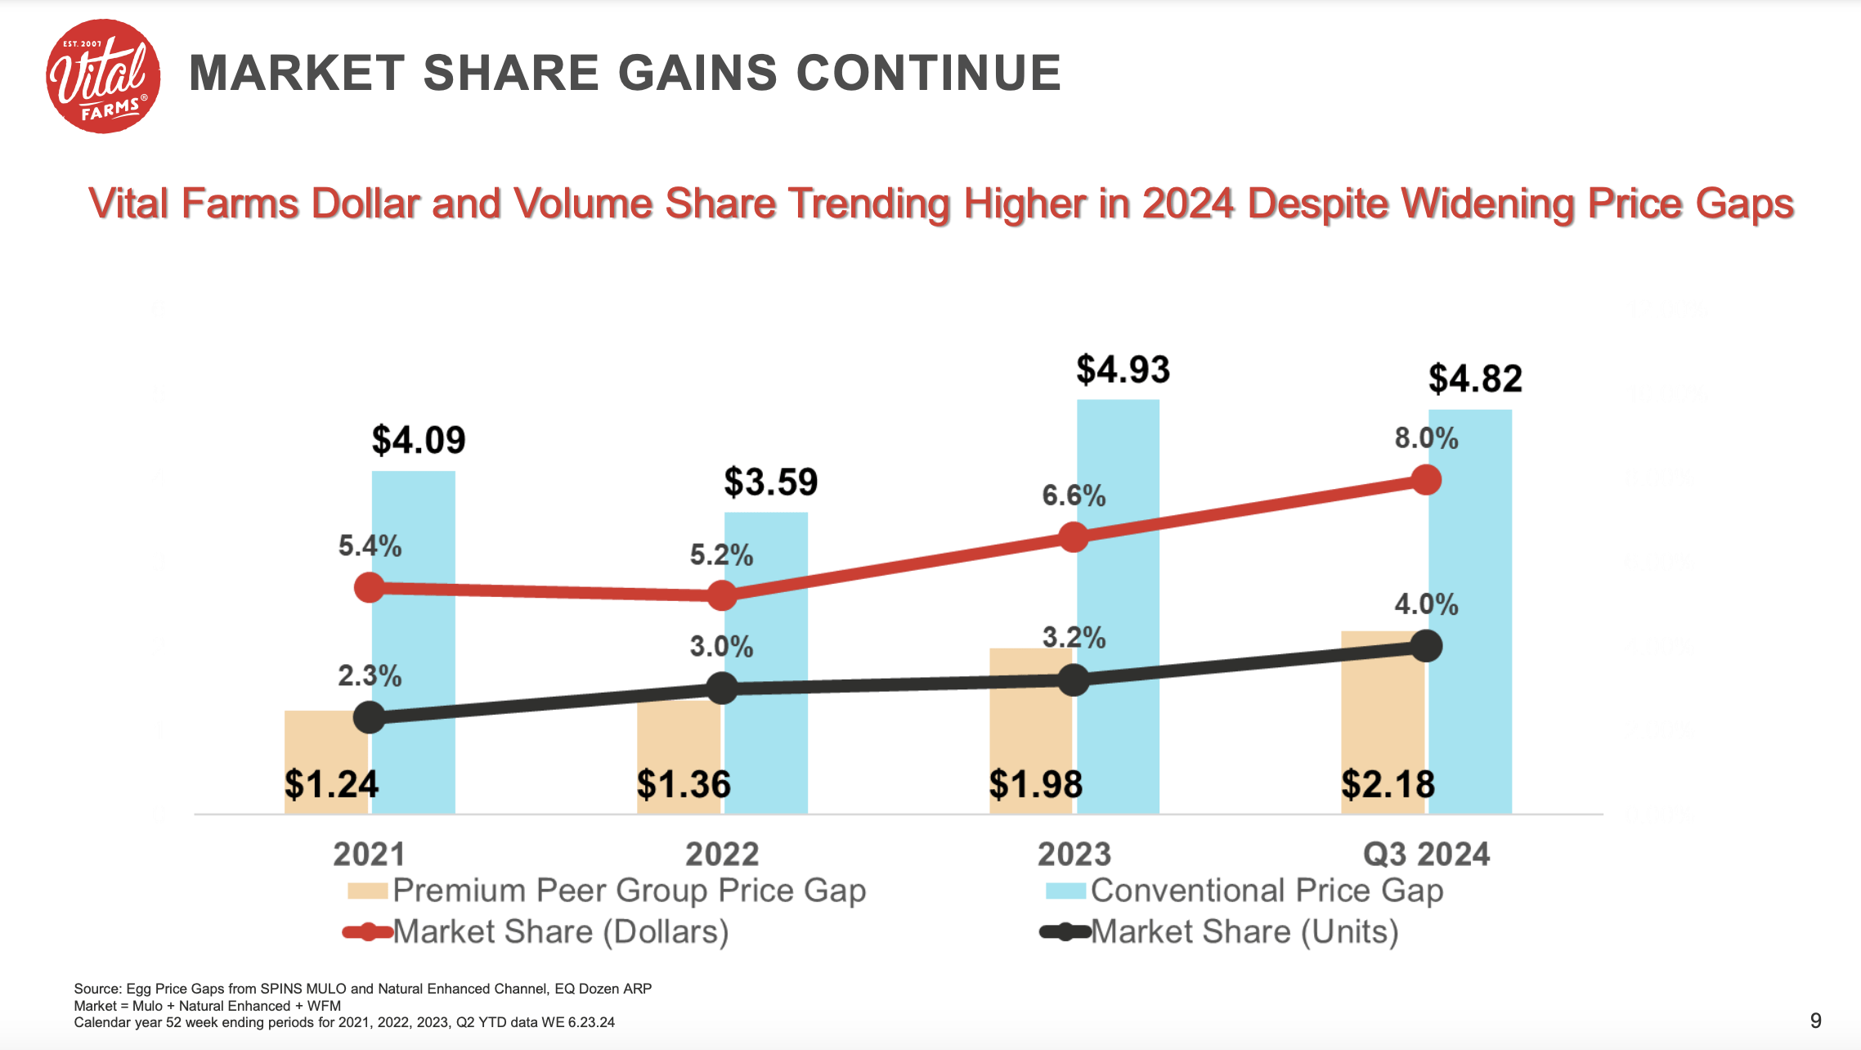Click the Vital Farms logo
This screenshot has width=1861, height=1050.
[103, 76]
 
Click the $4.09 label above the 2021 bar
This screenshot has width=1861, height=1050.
[418, 441]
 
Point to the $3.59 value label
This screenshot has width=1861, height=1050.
[770, 482]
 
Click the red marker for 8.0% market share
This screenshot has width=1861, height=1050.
[1426, 480]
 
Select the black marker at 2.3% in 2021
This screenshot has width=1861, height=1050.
[370, 717]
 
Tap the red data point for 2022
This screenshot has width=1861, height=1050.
[722, 595]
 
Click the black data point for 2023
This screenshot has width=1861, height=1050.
[1074, 680]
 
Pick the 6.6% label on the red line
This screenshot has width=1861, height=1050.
[1073, 496]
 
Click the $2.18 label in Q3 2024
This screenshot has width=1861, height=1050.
[1388, 785]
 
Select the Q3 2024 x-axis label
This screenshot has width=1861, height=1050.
[1426, 855]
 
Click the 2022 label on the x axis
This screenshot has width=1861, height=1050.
[722, 855]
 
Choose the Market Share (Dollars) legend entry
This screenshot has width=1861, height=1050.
[560, 931]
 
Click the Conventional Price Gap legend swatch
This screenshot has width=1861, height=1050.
[1065, 891]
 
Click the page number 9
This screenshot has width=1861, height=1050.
[1815, 1021]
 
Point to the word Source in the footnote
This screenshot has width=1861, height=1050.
[97, 989]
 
